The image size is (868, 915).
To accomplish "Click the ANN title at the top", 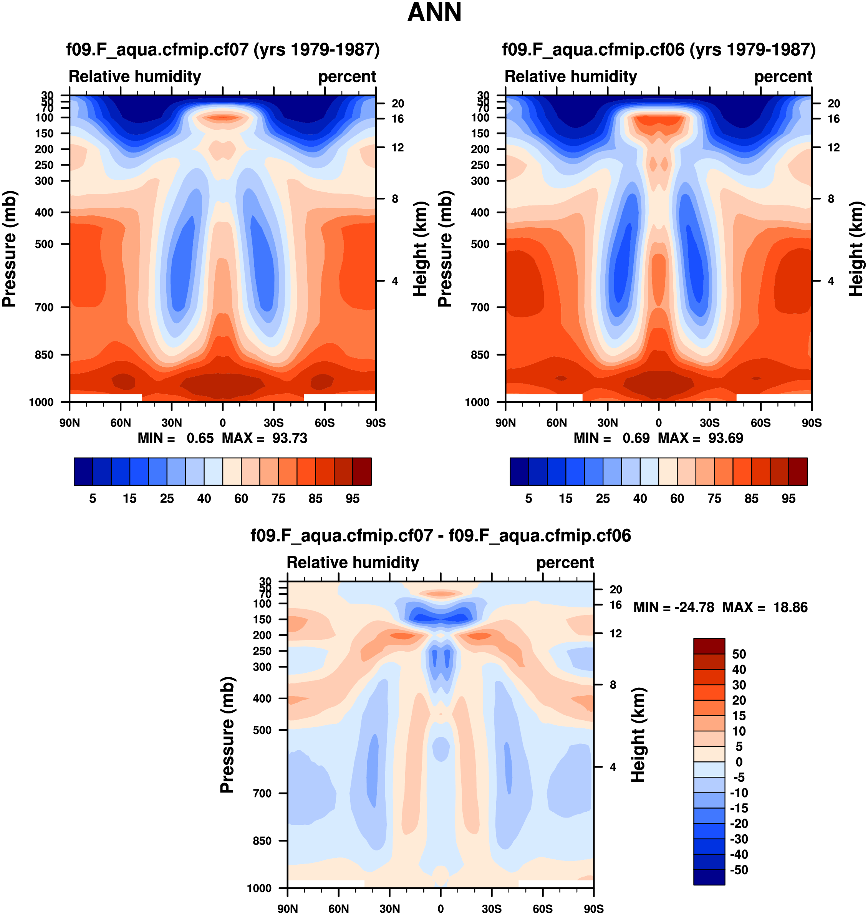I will click(x=434, y=13).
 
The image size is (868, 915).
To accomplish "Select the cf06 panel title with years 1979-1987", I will click(x=658, y=49).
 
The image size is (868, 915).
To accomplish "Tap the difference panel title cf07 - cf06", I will click(x=441, y=535).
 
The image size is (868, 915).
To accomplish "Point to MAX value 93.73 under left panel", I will click(x=289, y=438).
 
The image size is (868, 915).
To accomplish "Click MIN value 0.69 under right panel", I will click(x=636, y=438).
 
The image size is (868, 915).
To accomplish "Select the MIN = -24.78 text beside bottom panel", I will click(x=673, y=607).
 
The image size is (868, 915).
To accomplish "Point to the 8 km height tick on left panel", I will click(x=395, y=199).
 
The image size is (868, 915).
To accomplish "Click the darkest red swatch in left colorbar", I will click(x=362, y=472).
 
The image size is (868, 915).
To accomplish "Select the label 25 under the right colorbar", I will click(x=603, y=498).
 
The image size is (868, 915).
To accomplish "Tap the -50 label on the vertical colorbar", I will click(x=739, y=870).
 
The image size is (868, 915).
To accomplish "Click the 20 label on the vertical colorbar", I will click(x=739, y=700).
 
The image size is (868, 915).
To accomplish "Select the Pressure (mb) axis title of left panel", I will click(x=9, y=249).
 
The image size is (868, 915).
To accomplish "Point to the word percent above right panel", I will click(x=783, y=76).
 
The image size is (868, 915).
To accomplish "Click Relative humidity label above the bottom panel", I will click(x=353, y=562).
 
